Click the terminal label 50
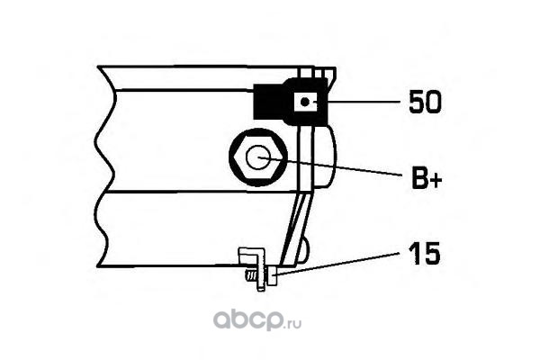(424, 102)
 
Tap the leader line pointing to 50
(360, 103)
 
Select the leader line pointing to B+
(342, 167)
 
